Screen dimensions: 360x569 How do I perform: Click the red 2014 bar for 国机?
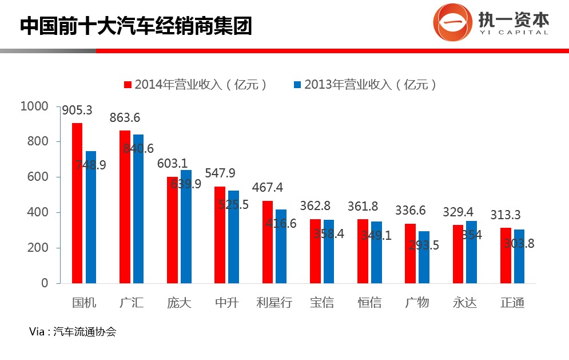(x=77, y=203)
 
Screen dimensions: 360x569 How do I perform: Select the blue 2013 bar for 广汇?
(x=138, y=209)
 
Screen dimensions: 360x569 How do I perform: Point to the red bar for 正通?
(x=506, y=255)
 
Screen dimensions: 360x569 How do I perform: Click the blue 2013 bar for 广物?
(x=424, y=257)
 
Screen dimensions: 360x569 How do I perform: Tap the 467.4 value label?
(x=268, y=188)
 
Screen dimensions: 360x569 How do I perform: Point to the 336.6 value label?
(x=410, y=211)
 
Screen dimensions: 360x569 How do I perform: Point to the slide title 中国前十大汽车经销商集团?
(x=136, y=26)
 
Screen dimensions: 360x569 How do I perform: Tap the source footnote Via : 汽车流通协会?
(x=73, y=331)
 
